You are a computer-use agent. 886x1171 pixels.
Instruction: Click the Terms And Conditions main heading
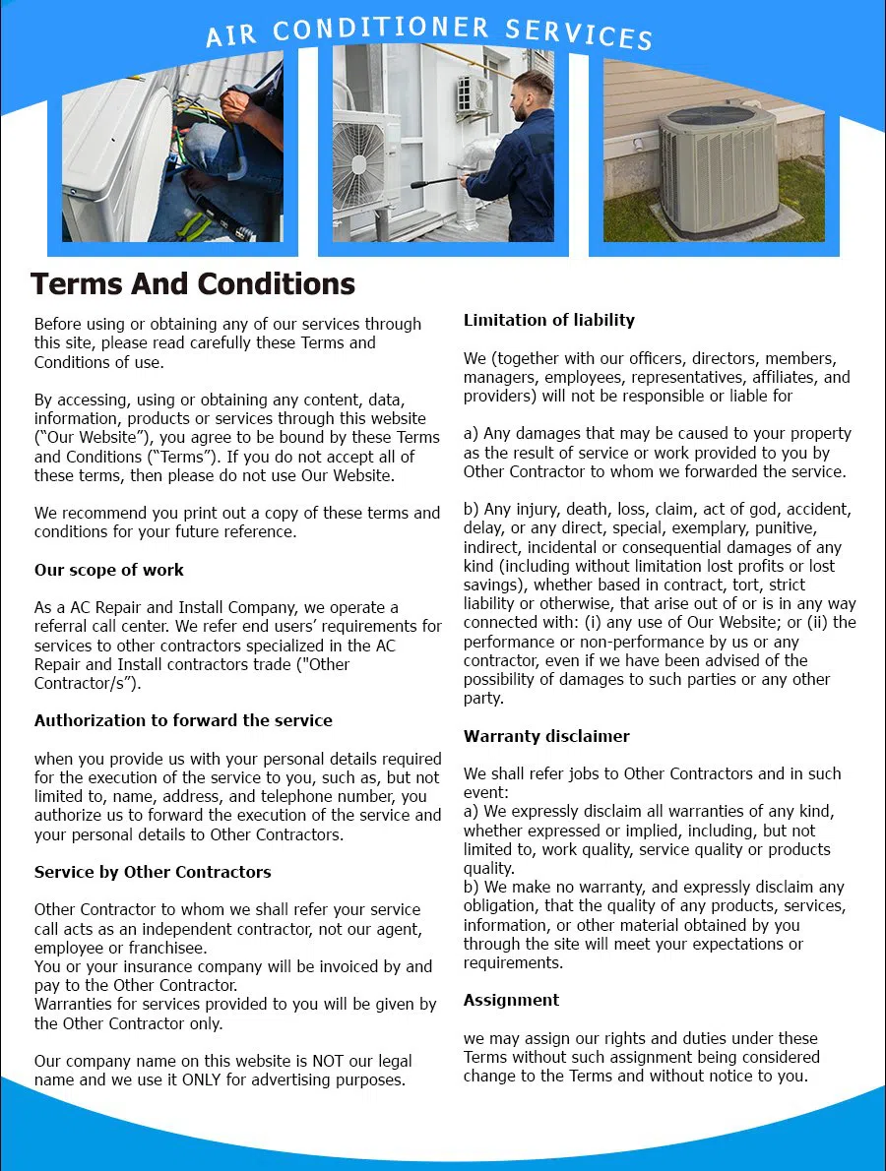tap(192, 284)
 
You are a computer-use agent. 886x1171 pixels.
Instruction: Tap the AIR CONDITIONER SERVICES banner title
tap(429, 32)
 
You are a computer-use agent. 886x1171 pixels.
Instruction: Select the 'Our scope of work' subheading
tap(108, 570)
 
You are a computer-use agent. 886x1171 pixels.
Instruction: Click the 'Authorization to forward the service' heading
tap(183, 720)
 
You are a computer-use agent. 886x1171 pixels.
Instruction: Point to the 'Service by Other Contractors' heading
tap(153, 872)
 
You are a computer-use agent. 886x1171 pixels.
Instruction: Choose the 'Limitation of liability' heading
tap(548, 320)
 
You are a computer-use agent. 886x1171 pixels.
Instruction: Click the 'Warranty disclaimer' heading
tap(546, 736)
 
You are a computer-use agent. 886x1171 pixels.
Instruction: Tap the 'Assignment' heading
tap(511, 1000)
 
